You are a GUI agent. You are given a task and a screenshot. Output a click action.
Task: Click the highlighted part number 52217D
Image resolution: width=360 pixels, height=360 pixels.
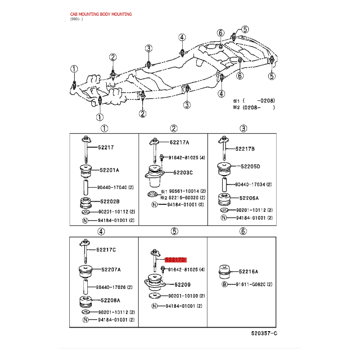point(175,260)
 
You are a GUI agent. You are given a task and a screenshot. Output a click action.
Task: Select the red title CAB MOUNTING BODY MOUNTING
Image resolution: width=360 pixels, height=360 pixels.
point(101,14)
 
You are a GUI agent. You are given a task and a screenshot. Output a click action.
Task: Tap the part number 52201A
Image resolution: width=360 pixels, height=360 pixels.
point(109,170)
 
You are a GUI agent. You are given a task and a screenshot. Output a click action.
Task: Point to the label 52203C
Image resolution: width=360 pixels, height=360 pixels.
point(183,172)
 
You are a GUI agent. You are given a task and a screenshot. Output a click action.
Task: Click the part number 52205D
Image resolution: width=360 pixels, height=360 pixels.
point(250,166)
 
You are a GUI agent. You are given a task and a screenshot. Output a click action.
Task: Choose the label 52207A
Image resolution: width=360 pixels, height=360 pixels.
point(111,270)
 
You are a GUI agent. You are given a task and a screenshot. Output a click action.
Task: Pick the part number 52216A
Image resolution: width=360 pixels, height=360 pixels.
point(248,272)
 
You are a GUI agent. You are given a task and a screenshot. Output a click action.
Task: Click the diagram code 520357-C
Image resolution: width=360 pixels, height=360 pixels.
point(264,333)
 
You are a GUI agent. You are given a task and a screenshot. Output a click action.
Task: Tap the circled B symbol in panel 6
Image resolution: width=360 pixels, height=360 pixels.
point(224,284)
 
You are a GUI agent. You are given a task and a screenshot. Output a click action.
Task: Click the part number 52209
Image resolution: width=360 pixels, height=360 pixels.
point(183,285)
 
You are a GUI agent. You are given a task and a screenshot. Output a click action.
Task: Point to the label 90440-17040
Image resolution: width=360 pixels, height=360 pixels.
point(112,187)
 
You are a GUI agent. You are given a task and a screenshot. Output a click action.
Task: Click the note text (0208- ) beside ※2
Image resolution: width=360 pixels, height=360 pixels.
point(258,108)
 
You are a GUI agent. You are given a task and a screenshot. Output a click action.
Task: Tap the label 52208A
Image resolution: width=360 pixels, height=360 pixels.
point(110,300)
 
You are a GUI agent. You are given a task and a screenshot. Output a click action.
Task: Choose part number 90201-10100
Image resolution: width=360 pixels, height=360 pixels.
point(183,296)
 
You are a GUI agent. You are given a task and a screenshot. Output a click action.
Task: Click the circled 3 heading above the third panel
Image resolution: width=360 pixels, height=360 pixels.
point(243,128)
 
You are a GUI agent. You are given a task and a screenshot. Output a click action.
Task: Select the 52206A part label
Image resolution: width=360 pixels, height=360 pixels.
point(249,198)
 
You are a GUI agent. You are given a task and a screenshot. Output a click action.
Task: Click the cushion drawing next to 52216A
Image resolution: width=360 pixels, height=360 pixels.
point(224,272)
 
